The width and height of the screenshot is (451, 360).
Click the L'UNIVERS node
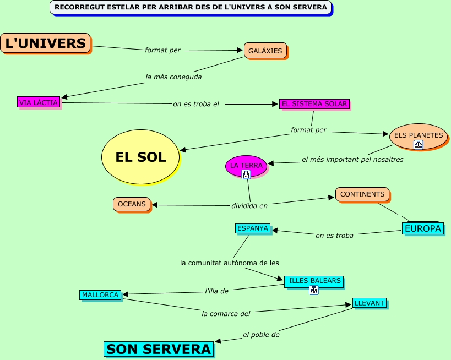(x=45, y=43)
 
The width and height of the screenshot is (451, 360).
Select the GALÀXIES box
(x=265, y=51)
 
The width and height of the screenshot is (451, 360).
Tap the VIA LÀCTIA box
(x=38, y=102)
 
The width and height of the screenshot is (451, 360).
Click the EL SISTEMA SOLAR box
(x=314, y=103)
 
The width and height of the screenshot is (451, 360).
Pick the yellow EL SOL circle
(x=140, y=157)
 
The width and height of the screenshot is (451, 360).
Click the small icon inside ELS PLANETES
(x=419, y=145)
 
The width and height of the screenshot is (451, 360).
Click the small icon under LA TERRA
(x=246, y=174)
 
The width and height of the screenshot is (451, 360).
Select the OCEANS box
(x=132, y=204)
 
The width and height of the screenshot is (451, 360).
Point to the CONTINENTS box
(x=362, y=194)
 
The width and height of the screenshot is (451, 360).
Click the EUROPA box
(x=423, y=228)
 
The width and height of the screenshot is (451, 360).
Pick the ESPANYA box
(x=253, y=228)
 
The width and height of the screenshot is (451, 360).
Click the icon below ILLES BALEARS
(x=314, y=290)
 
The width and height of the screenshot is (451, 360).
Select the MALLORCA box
(x=100, y=295)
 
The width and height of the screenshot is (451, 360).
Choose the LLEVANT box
(x=369, y=303)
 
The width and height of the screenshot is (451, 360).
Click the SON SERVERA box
(x=159, y=349)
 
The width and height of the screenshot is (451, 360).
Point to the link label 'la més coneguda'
(x=173, y=77)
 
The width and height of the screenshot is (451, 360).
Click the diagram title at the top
(x=191, y=7)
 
